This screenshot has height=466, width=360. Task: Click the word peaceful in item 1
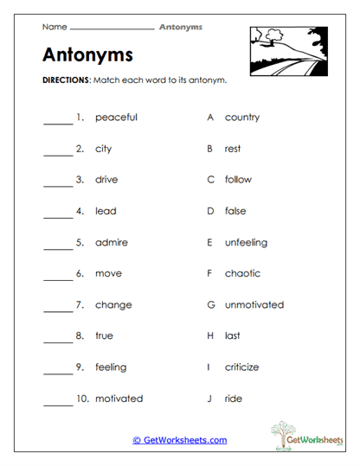click(116, 118)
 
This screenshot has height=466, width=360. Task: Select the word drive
click(106, 180)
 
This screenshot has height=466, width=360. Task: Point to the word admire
click(111, 242)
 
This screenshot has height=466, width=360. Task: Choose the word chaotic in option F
click(242, 273)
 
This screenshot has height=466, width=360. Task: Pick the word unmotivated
click(254, 304)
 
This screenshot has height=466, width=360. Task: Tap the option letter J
click(210, 399)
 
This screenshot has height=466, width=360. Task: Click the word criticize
click(241, 367)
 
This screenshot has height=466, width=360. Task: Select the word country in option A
click(241, 118)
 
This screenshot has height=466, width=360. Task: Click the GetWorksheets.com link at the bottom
click(180, 440)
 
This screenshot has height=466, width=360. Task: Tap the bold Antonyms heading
click(87, 55)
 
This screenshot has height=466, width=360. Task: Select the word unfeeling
click(246, 242)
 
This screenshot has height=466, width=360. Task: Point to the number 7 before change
click(79, 304)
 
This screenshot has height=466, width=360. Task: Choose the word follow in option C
click(238, 180)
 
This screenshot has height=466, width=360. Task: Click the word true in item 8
click(104, 335)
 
